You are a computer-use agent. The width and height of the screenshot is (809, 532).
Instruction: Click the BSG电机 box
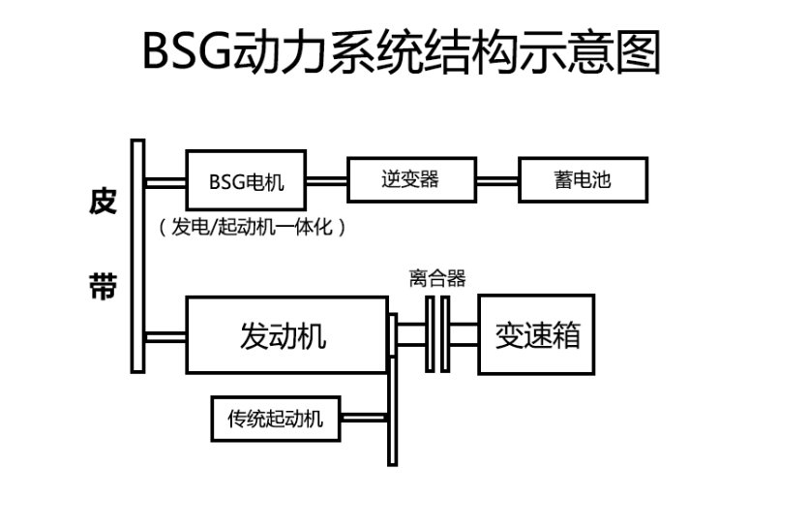click(247, 181)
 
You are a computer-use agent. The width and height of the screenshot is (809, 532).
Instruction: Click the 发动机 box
click(283, 336)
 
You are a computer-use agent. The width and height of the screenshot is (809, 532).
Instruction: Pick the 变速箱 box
click(536, 335)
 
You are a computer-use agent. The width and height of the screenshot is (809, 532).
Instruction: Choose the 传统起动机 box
click(275, 420)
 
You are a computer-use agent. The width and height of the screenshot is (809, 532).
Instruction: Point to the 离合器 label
click(437, 279)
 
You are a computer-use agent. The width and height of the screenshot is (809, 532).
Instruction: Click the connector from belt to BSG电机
click(165, 181)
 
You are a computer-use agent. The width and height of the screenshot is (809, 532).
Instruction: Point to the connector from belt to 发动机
click(165, 337)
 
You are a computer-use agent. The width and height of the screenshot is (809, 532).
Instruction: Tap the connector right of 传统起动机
click(364, 420)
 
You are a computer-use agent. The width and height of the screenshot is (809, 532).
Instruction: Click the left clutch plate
click(429, 334)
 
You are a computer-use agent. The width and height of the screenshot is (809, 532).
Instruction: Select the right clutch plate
click(445, 334)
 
